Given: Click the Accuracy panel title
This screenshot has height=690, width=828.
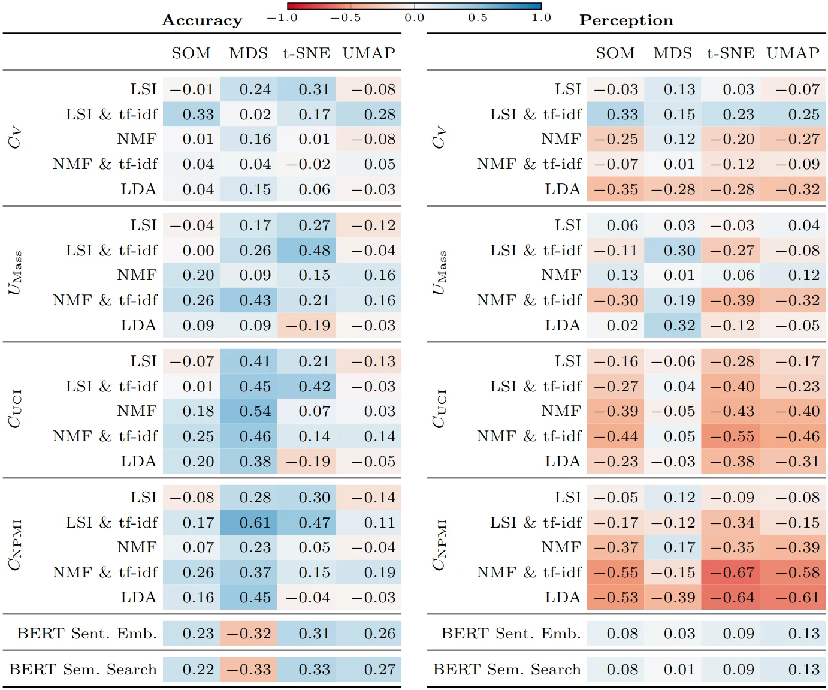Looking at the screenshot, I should click(x=202, y=20).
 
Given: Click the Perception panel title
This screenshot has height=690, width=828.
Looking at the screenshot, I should click(x=626, y=20).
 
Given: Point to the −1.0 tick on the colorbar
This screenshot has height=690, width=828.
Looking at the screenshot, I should click(x=282, y=17).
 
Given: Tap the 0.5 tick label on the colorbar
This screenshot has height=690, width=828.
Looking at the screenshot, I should click(x=478, y=17).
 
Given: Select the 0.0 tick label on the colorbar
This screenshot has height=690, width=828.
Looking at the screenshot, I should click(x=414, y=17).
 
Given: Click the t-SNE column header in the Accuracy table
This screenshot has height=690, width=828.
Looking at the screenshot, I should click(x=306, y=53).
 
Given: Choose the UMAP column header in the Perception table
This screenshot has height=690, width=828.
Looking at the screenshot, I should click(x=793, y=53).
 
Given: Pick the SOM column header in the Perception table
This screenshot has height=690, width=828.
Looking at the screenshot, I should click(x=615, y=53).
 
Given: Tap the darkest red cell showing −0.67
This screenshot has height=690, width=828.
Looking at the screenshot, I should click(x=732, y=573).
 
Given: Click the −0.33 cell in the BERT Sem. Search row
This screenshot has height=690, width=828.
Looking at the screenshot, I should click(x=249, y=670).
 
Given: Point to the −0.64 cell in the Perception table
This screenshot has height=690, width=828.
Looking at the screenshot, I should click(x=732, y=598).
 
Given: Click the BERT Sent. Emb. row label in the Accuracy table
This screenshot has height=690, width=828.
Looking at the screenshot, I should click(x=87, y=634).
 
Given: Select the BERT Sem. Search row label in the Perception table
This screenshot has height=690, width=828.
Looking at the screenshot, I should click(x=507, y=670).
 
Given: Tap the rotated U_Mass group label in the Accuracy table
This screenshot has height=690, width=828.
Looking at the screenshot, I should click(x=15, y=273).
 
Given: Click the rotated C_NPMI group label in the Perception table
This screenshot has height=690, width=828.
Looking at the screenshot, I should click(x=439, y=545).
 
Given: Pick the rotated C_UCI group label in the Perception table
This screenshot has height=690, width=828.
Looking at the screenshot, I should click(x=439, y=409).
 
